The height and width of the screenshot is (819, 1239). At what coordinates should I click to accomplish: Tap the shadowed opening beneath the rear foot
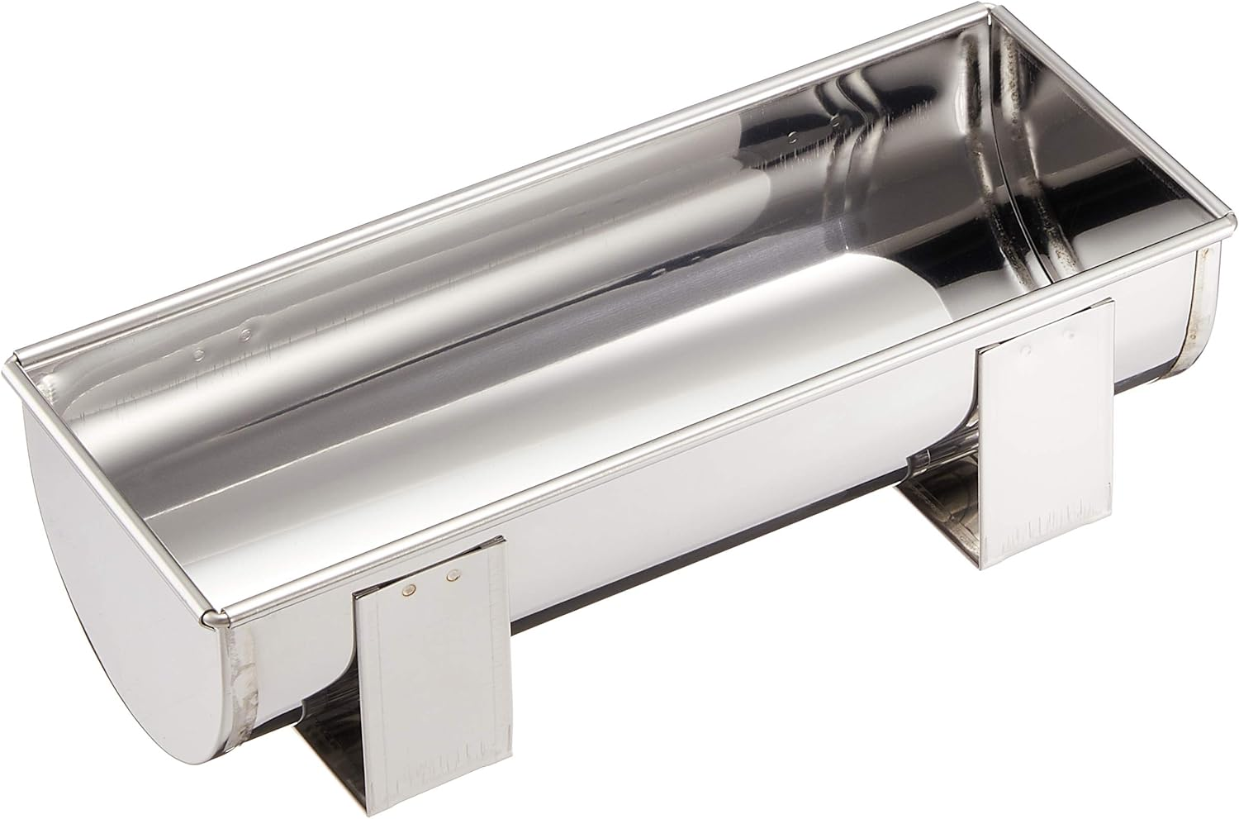tap(942, 529)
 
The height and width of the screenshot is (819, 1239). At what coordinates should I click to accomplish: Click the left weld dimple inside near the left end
tap(198, 355)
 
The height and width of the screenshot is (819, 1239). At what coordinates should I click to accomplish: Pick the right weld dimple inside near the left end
tap(245, 336)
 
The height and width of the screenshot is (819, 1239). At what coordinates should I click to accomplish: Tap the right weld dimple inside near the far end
tap(838, 121)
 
